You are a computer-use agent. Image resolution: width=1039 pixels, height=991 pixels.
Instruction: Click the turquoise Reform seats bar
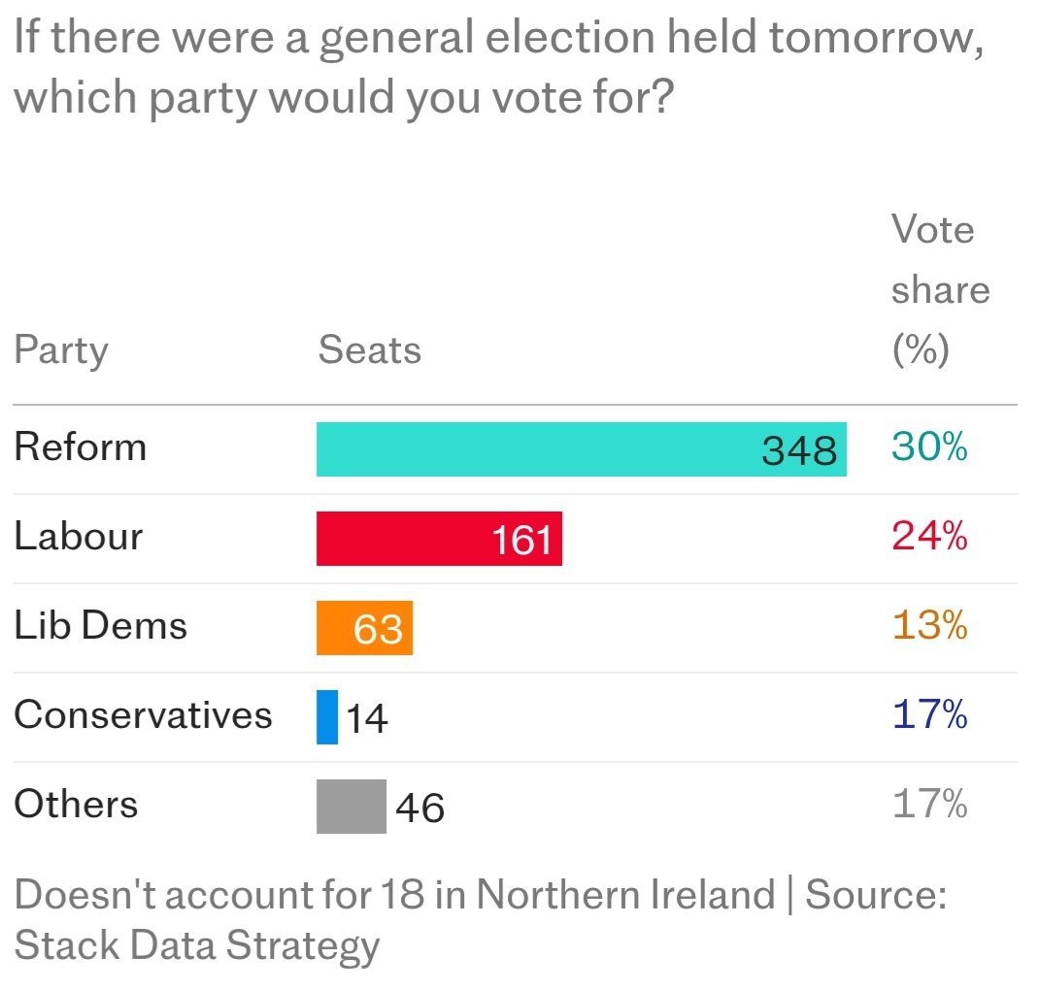point(581,449)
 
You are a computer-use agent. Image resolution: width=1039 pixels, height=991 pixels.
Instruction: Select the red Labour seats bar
point(439,539)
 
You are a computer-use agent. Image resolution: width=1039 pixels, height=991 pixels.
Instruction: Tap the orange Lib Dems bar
point(364,628)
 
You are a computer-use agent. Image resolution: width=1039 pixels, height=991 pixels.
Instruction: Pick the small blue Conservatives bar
point(327,717)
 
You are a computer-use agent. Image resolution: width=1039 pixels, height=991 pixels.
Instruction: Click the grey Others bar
point(351,807)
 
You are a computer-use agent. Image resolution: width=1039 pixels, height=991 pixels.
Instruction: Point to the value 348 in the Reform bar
point(799,450)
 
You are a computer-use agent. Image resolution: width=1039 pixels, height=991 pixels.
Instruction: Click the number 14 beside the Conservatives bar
point(367,719)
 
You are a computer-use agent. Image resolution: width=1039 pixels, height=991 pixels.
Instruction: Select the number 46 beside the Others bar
point(420,809)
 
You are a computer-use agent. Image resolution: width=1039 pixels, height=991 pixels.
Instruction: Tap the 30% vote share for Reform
point(929,447)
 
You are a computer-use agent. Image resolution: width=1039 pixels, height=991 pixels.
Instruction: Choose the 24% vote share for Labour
point(929,537)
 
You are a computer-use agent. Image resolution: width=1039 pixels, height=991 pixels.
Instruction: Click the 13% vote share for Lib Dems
point(929,626)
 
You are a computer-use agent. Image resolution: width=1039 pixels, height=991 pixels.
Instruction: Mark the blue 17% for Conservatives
point(929,715)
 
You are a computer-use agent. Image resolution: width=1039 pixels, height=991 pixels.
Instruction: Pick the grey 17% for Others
point(929,805)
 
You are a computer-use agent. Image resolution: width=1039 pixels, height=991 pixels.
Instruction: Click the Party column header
point(61,350)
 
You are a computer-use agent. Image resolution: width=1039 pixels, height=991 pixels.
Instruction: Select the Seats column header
point(370,350)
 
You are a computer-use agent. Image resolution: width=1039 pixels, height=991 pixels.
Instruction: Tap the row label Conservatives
point(143,715)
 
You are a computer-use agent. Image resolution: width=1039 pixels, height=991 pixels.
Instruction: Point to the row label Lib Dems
point(100,626)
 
